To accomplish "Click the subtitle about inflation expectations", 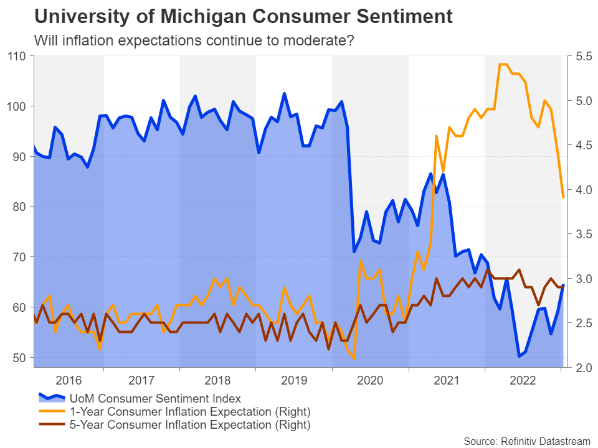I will coord(194,41).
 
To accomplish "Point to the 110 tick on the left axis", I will coord(17,57).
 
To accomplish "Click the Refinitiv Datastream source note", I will coord(527,441).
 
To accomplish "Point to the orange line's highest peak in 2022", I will coord(503,65).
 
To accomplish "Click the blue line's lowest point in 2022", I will coord(518,357).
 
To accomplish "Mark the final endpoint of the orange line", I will coord(563,197).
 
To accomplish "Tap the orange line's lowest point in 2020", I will coord(354,358).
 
